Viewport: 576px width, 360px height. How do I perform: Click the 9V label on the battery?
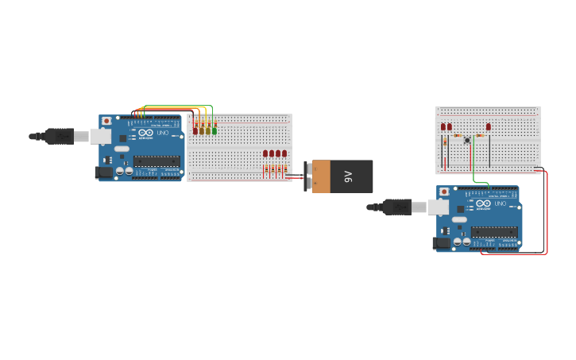(348, 176)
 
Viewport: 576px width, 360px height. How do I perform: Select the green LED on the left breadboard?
(215, 130)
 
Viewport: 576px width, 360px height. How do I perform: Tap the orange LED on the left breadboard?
(202, 130)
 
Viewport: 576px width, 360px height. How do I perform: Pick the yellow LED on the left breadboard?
(208, 130)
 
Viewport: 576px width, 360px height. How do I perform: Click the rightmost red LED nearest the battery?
(284, 153)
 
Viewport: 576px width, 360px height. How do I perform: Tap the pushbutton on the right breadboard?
(467, 141)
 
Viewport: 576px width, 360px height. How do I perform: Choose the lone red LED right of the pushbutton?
(489, 126)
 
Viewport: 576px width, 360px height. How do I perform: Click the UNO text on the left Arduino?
(163, 133)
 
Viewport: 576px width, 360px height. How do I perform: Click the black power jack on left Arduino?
(103, 172)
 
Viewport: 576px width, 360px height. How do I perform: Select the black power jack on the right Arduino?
(441, 243)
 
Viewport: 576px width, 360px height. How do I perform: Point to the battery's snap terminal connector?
(307, 176)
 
